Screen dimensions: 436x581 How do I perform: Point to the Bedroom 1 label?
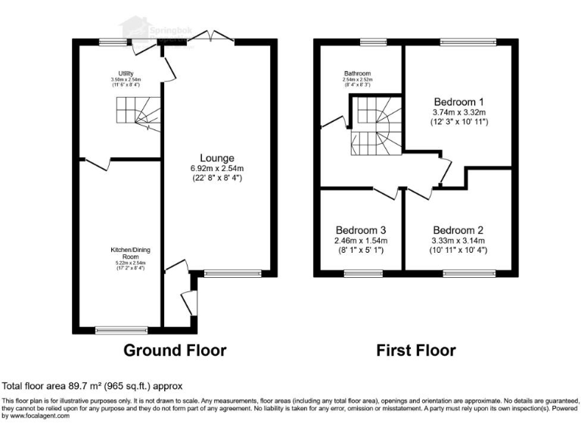(x=458, y=102)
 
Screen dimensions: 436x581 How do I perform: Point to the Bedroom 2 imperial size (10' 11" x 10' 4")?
(x=458, y=251)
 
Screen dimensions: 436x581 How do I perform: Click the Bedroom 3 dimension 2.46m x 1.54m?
(x=362, y=241)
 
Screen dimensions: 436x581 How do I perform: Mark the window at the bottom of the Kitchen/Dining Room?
(x=121, y=329)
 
